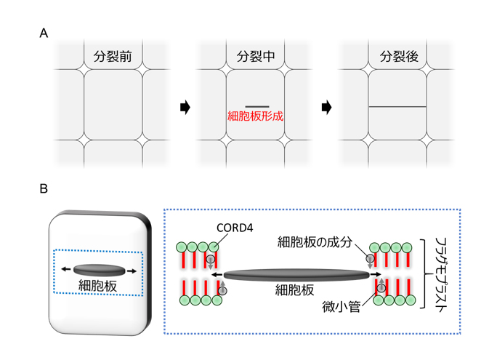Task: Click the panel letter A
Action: (44, 33)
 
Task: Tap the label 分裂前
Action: (113, 56)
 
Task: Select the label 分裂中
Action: (256, 56)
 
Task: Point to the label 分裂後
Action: (398, 56)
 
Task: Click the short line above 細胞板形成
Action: (257, 106)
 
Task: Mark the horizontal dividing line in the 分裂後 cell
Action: (397, 107)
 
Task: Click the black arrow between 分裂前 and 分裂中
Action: (185, 108)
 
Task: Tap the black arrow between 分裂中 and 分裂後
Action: (327, 108)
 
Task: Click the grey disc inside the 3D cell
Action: (100, 269)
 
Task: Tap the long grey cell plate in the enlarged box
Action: (296, 275)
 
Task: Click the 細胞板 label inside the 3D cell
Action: (99, 286)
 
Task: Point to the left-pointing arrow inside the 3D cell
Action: (66, 269)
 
